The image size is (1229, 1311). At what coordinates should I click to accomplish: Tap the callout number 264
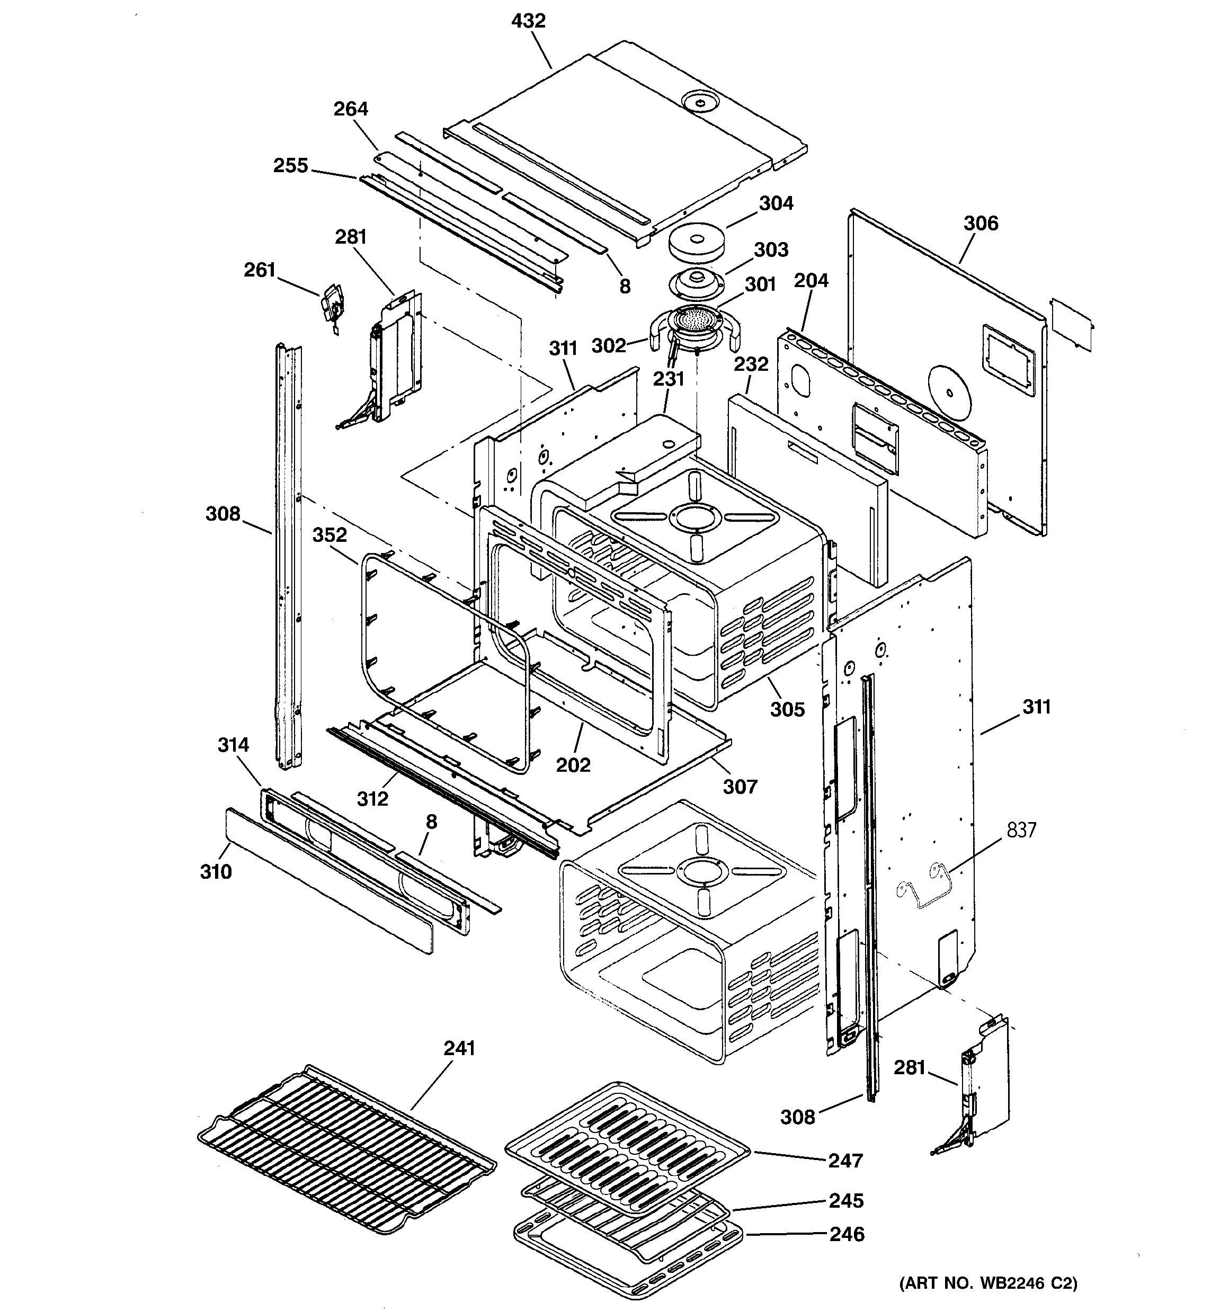pyautogui.click(x=350, y=109)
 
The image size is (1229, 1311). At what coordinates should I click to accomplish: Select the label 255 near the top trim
pyautogui.click(x=291, y=165)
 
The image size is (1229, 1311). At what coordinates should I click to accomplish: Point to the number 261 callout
pyautogui.click(x=260, y=270)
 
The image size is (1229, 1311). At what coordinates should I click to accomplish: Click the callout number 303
pyautogui.click(x=771, y=250)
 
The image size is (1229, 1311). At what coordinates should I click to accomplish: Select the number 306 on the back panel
pyautogui.click(x=981, y=224)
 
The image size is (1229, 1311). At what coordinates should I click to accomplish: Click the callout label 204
pyautogui.click(x=811, y=281)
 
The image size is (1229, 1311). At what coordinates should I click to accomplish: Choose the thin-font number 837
pyautogui.click(x=1021, y=830)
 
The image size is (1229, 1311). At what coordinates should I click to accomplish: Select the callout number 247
pyautogui.click(x=845, y=1161)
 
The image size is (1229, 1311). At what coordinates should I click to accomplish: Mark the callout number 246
pyautogui.click(x=847, y=1234)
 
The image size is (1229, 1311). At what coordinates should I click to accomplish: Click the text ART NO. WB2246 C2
pyautogui.click(x=987, y=1283)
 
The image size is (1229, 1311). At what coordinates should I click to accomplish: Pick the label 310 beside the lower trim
pyautogui.click(x=216, y=872)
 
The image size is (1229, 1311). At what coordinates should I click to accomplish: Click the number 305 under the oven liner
pyautogui.click(x=788, y=710)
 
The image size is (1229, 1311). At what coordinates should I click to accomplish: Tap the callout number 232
pyautogui.click(x=751, y=364)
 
